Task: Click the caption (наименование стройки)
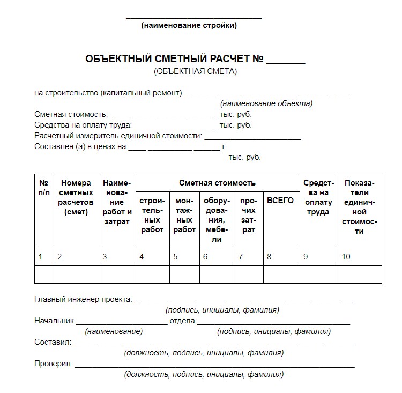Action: click(x=189, y=25)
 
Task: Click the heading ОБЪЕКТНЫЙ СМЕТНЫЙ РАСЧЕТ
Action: click(x=174, y=59)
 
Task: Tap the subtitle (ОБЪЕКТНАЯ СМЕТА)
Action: click(x=195, y=71)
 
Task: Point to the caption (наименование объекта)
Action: click(x=266, y=103)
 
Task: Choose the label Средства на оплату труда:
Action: click(x=83, y=125)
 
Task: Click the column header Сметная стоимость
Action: click(x=217, y=183)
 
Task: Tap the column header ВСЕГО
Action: click(x=280, y=201)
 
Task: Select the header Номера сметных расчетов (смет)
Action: click(x=76, y=197)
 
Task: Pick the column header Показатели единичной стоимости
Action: click(x=359, y=207)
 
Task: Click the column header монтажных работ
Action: click(x=184, y=214)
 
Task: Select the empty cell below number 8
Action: click(x=281, y=275)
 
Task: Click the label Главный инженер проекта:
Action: click(x=83, y=299)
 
